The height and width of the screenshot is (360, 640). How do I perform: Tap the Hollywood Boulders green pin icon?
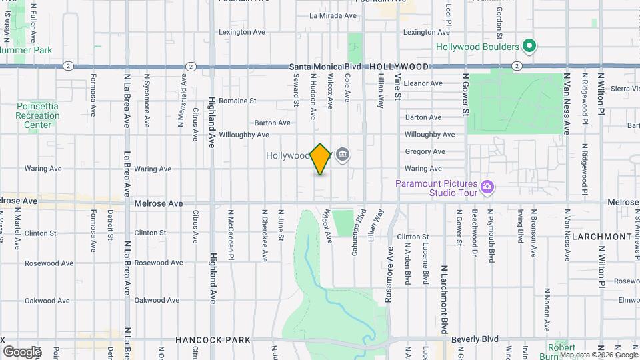tap(529, 47)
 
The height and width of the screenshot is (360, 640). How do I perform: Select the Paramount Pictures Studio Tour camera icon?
tap(487, 186)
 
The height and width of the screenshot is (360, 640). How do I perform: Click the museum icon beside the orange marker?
tap(343, 155)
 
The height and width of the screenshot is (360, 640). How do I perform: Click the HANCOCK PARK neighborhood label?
tap(213, 340)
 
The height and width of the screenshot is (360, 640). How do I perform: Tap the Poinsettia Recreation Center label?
tap(38, 115)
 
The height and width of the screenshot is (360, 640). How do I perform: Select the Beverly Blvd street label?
tap(475, 339)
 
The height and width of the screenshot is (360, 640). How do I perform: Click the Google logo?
tap(22, 351)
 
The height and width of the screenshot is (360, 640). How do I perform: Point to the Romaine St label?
tap(238, 101)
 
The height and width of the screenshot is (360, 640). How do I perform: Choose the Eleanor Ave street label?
tap(423, 83)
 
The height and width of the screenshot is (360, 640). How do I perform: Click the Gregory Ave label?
tap(425, 151)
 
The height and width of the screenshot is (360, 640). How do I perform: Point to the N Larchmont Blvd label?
tap(443, 297)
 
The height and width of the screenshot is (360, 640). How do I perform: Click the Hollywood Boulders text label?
tap(477, 47)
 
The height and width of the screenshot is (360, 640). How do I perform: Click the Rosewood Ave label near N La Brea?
tap(158, 263)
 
